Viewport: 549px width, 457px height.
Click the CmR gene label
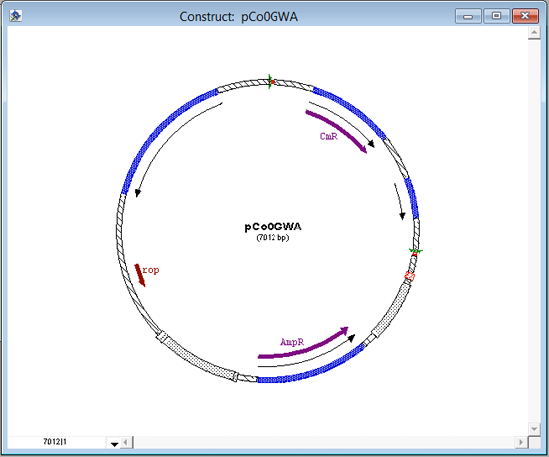click(x=329, y=136)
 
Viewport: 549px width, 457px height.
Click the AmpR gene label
click(x=292, y=342)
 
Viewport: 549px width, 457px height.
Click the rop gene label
click(x=151, y=270)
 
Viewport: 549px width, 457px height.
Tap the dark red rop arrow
click(x=140, y=275)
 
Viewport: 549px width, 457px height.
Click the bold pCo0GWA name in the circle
click(x=273, y=227)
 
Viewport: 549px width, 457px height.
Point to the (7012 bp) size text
click(x=273, y=238)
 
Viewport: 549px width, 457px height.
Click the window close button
click(x=525, y=16)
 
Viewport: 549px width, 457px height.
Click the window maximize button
click(x=496, y=16)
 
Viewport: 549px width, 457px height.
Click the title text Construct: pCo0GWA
click(x=239, y=16)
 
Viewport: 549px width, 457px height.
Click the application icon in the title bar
click(x=15, y=16)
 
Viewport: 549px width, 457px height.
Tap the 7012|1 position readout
click(x=55, y=442)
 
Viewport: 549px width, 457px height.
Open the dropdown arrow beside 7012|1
click(x=114, y=444)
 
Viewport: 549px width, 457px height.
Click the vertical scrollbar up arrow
click(x=534, y=33)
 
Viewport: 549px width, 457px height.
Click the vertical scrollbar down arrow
click(x=534, y=429)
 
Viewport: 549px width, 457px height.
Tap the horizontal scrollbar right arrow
click(x=521, y=442)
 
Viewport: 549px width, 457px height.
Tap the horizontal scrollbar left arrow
click(x=127, y=442)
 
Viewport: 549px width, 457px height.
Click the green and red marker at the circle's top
click(x=271, y=82)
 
